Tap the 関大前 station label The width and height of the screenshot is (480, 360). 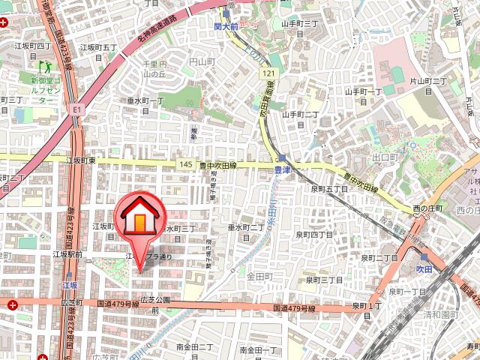point(225,26)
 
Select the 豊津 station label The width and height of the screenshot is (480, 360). point(280,170)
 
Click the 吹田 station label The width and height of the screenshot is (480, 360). point(425,267)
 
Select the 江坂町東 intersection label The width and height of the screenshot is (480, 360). point(80,160)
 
